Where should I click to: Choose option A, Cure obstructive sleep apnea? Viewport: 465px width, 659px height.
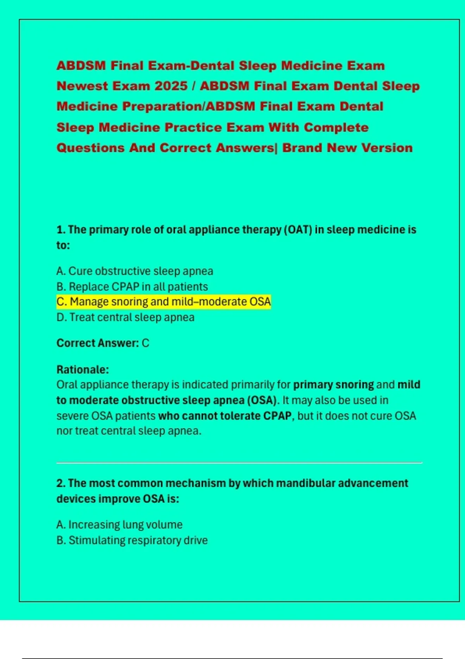(134, 271)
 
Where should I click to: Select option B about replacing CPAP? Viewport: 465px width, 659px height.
(132, 286)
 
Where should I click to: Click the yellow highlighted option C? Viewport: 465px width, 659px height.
(163, 302)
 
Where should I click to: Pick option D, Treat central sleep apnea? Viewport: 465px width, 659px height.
(125, 317)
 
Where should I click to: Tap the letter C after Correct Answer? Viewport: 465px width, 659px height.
(145, 343)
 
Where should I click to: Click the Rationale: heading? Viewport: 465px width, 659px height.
(83, 369)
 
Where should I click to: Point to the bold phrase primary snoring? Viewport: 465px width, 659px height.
(333, 385)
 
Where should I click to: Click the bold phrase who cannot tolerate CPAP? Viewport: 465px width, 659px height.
(225, 416)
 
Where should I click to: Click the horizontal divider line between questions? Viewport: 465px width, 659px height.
(239, 462)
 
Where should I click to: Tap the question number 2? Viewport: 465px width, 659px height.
(60, 483)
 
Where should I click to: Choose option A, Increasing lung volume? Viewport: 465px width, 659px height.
(119, 524)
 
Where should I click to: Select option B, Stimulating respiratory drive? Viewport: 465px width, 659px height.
(132, 540)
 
